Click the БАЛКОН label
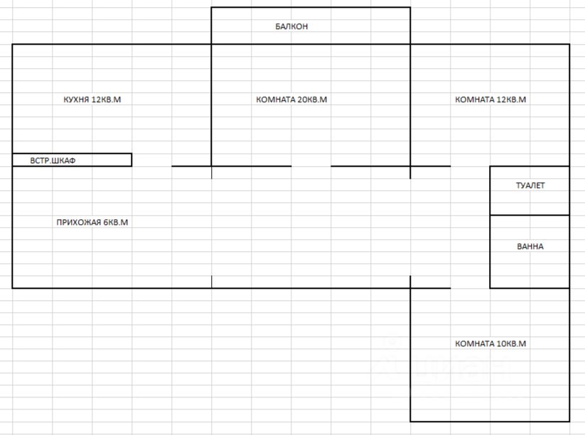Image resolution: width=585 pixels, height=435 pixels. click(x=291, y=26)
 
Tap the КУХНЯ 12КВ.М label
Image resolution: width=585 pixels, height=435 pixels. click(x=92, y=99)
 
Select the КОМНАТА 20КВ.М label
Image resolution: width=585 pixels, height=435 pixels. click(x=291, y=99)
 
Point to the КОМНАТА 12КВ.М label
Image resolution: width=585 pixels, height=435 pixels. click(x=490, y=99)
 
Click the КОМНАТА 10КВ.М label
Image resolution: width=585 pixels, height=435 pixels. click(x=490, y=343)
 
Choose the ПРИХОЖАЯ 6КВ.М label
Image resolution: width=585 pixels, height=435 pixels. click(x=92, y=222)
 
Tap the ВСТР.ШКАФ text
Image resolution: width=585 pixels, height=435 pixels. click(x=53, y=160)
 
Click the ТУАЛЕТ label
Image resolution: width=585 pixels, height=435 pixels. click(x=530, y=185)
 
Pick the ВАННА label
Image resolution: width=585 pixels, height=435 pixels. click(x=530, y=246)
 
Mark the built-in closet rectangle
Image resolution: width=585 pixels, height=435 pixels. click(x=107, y=160)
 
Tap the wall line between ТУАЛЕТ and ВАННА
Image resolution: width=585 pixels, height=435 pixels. click(x=530, y=215)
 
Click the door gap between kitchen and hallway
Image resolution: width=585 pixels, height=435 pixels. click(x=151, y=166)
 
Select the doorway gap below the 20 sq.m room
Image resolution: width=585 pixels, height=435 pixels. click(x=311, y=166)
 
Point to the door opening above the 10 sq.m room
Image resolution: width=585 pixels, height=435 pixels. click(x=470, y=288)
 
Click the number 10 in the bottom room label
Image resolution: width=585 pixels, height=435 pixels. click(x=503, y=343)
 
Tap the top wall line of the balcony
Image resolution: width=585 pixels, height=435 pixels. click(x=311, y=8)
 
